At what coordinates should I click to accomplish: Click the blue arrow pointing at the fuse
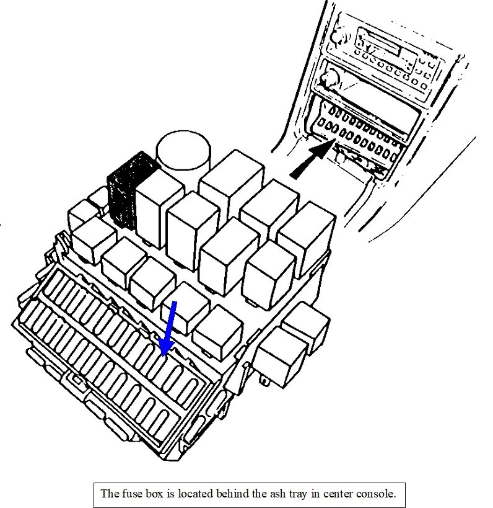(x=168, y=329)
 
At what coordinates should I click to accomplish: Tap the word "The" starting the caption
(x=109, y=494)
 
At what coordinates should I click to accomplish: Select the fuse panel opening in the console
(x=359, y=133)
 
